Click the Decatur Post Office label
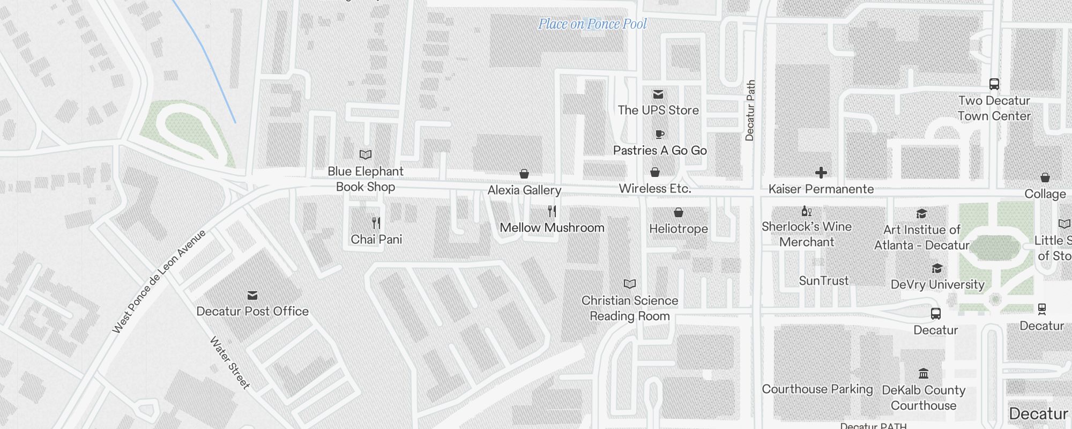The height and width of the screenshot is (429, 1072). (252, 312)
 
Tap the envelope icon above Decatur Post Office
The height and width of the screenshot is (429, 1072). (252, 295)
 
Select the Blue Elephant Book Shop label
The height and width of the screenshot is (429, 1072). (366, 179)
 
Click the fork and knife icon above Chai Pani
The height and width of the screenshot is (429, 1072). (376, 223)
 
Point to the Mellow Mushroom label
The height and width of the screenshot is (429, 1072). (552, 228)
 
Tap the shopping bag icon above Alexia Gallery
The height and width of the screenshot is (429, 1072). (524, 174)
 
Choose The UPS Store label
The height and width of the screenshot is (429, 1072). (658, 110)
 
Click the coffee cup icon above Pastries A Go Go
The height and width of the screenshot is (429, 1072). (659, 134)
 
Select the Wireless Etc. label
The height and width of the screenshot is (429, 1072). (655, 189)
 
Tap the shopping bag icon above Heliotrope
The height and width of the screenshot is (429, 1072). (678, 213)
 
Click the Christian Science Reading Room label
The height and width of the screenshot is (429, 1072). (630, 308)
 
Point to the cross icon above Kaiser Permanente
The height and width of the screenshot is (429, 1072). (821, 173)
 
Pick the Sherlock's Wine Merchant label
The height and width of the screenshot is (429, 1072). (807, 234)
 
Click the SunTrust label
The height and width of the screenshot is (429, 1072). (824, 281)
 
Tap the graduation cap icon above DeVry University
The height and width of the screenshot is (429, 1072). (937, 268)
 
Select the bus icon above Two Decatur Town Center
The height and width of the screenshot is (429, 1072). (994, 84)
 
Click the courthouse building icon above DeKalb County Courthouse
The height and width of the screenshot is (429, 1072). (923, 373)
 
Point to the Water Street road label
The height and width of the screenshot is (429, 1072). (230, 363)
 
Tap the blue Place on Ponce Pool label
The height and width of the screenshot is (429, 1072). (592, 24)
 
